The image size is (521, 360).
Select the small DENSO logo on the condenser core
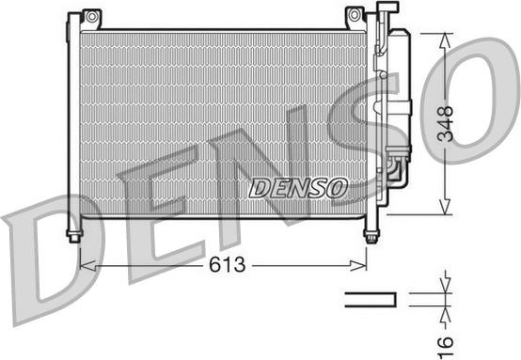(x=298, y=188)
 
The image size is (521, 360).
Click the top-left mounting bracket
(x=90, y=19)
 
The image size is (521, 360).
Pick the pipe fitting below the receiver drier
(x=393, y=169)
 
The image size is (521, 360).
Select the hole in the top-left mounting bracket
(x=90, y=16)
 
